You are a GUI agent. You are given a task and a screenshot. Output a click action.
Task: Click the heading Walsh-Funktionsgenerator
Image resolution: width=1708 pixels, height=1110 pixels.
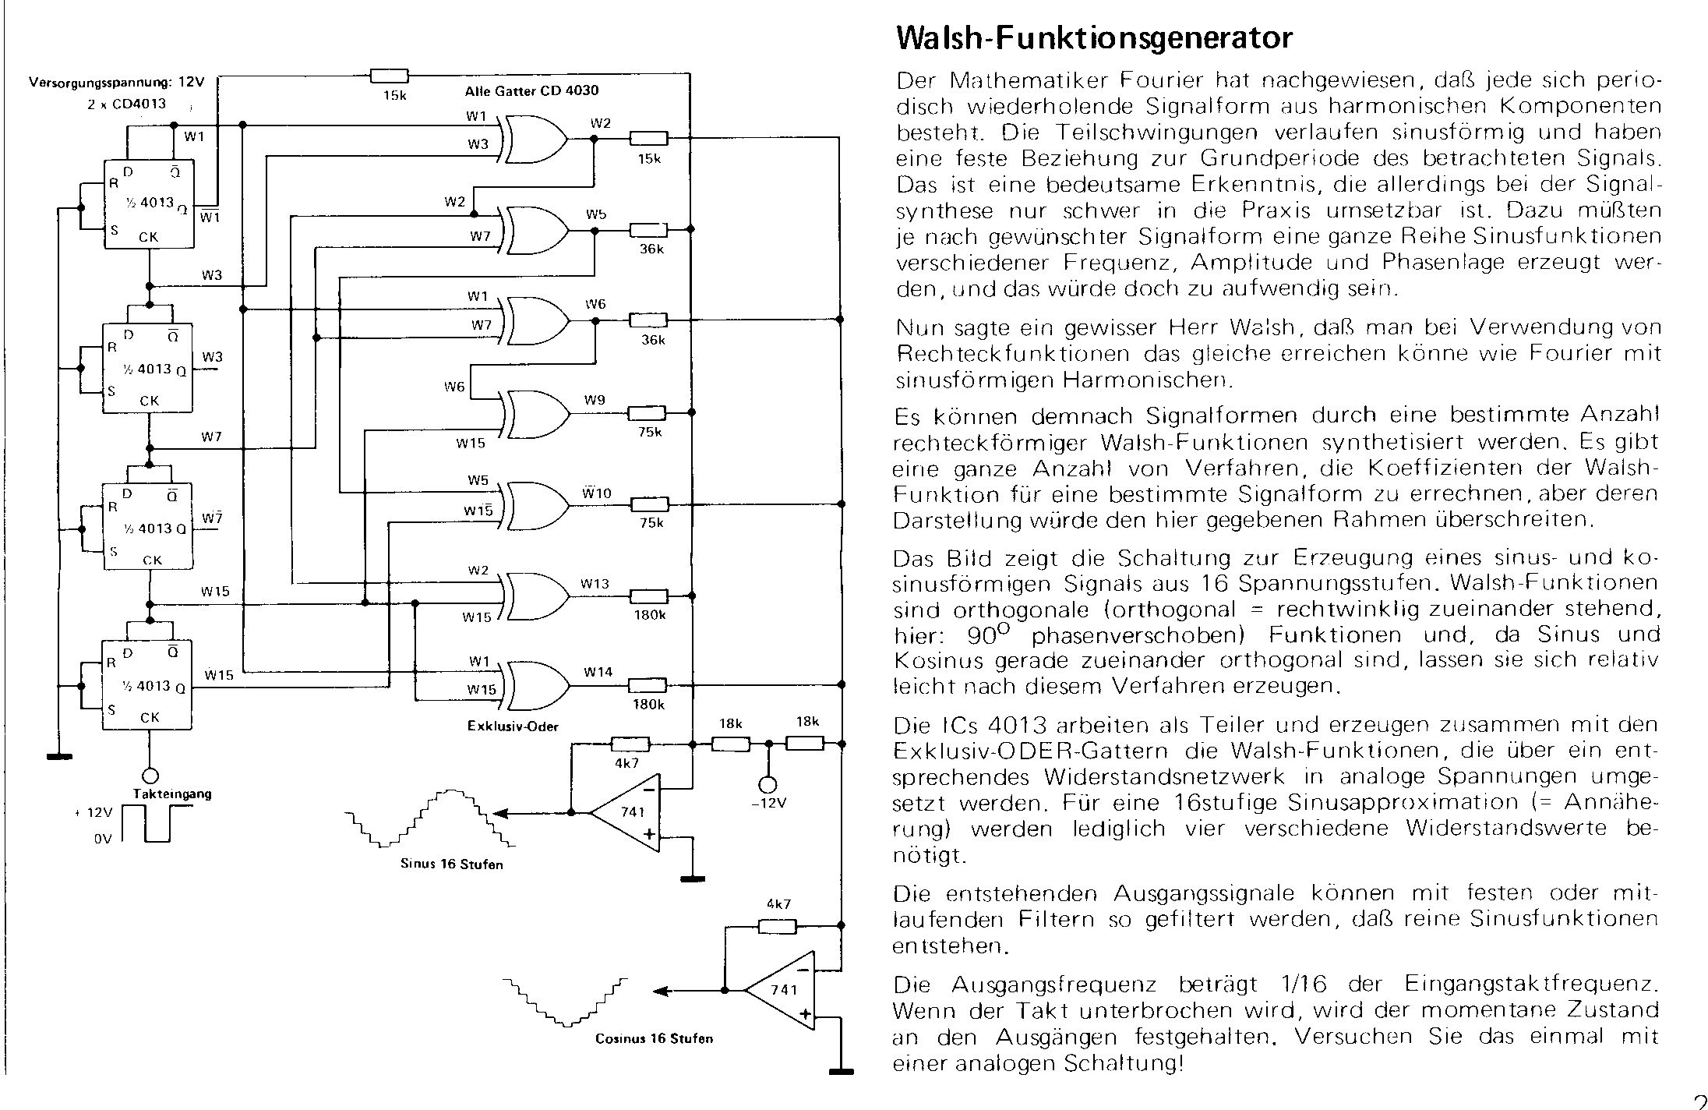click(1094, 37)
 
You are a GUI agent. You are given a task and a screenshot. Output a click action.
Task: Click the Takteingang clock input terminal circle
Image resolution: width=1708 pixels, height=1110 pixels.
click(150, 776)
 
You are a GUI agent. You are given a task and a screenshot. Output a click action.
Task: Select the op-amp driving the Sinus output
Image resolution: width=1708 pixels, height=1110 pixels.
click(628, 813)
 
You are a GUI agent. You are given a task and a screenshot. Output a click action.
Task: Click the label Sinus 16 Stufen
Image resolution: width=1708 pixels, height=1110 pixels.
click(451, 864)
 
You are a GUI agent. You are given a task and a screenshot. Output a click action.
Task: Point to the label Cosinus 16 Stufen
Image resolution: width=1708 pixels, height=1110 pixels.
click(654, 1039)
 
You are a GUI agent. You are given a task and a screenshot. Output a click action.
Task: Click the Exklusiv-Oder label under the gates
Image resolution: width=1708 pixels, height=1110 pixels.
click(513, 726)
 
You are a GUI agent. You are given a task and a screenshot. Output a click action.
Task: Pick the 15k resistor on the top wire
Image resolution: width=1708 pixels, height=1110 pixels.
click(389, 75)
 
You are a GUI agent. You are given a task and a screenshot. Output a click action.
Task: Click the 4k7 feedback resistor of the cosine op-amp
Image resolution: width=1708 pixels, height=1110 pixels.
click(778, 926)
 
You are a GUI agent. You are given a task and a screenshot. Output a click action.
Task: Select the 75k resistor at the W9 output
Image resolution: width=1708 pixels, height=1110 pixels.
click(648, 412)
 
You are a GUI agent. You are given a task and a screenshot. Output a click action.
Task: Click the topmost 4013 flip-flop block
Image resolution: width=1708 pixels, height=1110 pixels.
click(149, 204)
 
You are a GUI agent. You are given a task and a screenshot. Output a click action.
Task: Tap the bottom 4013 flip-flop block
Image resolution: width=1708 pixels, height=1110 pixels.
click(147, 685)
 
